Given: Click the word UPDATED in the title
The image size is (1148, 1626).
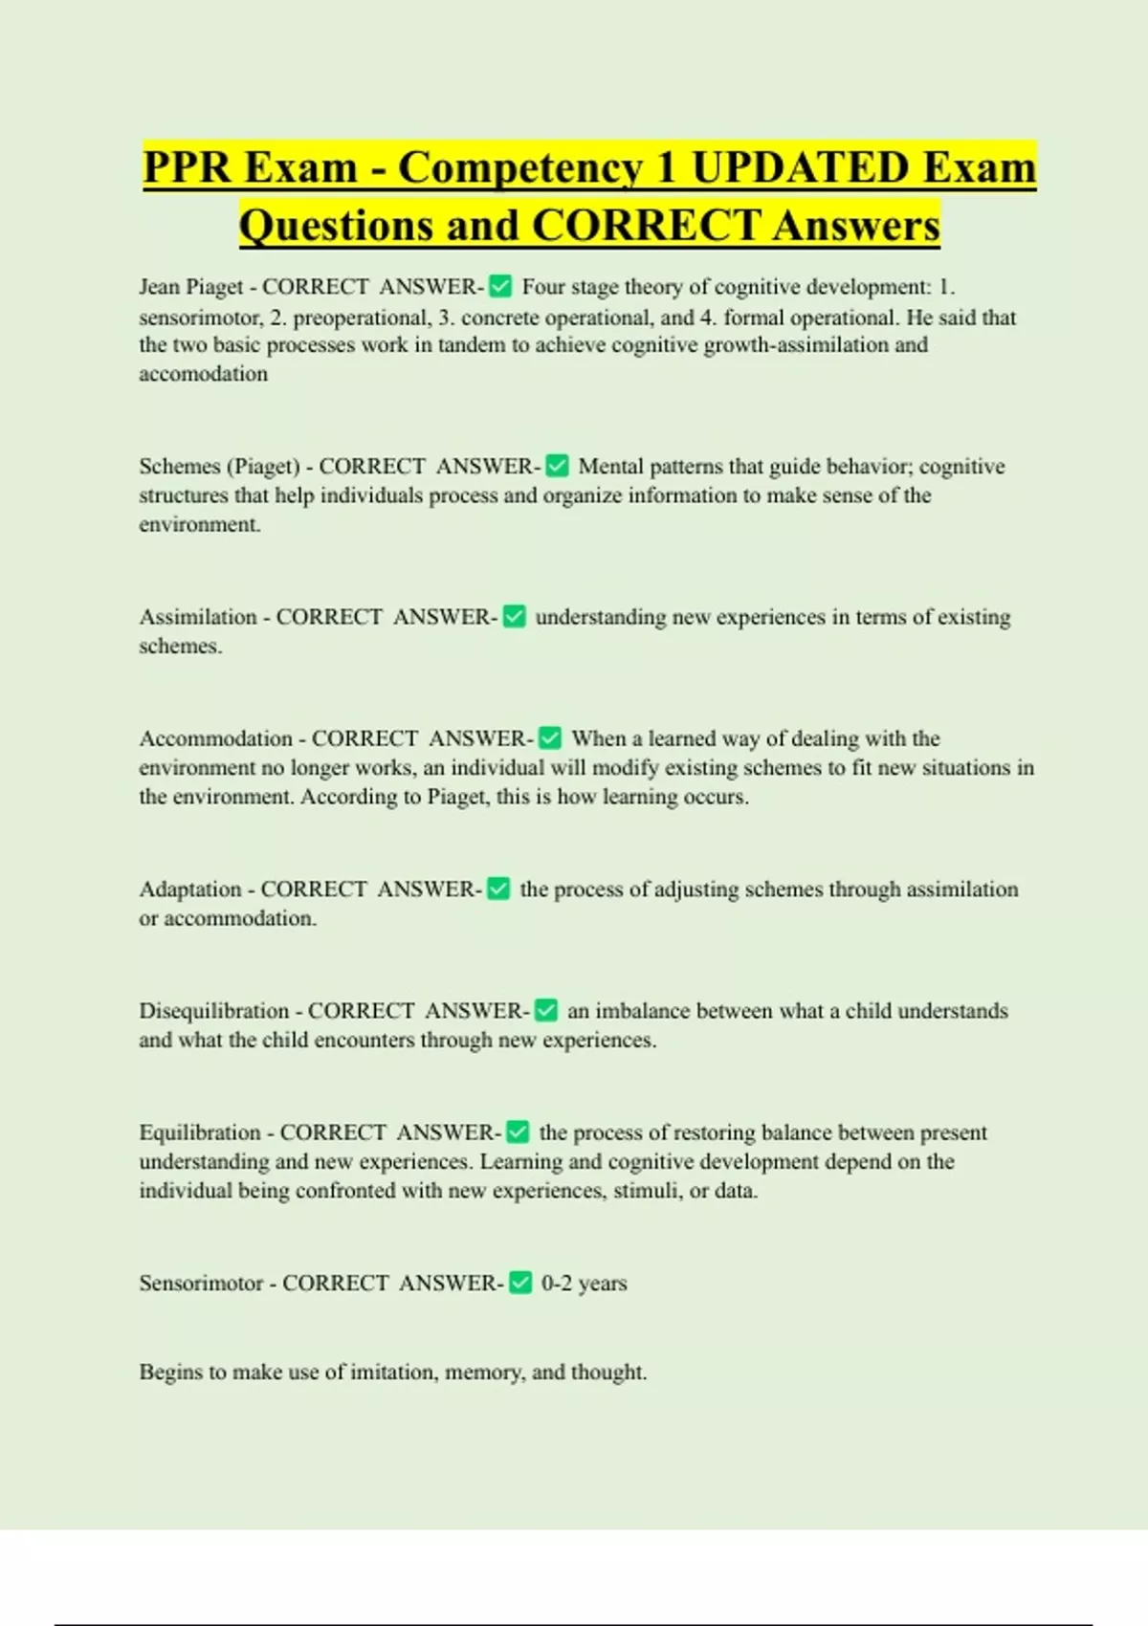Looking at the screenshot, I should pyautogui.click(x=800, y=167).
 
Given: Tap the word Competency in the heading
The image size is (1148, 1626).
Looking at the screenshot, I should pyautogui.click(x=519, y=167).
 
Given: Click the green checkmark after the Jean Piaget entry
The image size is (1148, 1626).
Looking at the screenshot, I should pyautogui.click(x=500, y=286).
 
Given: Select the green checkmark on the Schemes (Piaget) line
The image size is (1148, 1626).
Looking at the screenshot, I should pyautogui.click(x=557, y=466).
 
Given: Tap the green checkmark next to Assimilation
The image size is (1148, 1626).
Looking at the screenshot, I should pyautogui.click(x=515, y=617).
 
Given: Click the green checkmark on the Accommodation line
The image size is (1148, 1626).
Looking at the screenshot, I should pyautogui.click(x=550, y=738).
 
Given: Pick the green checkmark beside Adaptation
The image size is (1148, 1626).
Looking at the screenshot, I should pyautogui.click(x=498, y=889).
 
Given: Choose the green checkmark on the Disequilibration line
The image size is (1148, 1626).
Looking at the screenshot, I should pyautogui.click(x=546, y=1010).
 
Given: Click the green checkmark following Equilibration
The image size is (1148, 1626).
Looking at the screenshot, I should pyautogui.click(x=518, y=1132).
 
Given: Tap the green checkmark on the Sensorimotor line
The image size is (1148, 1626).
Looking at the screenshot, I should pyautogui.click(x=520, y=1283).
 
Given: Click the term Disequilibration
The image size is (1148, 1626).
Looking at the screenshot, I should pyautogui.click(x=213, y=1011).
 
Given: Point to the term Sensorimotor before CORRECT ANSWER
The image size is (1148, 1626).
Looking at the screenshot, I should pyautogui.click(x=201, y=1284).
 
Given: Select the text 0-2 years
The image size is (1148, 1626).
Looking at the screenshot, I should pyautogui.click(x=584, y=1284).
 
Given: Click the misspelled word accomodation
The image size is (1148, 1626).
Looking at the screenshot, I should pyautogui.click(x=203, y=374).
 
